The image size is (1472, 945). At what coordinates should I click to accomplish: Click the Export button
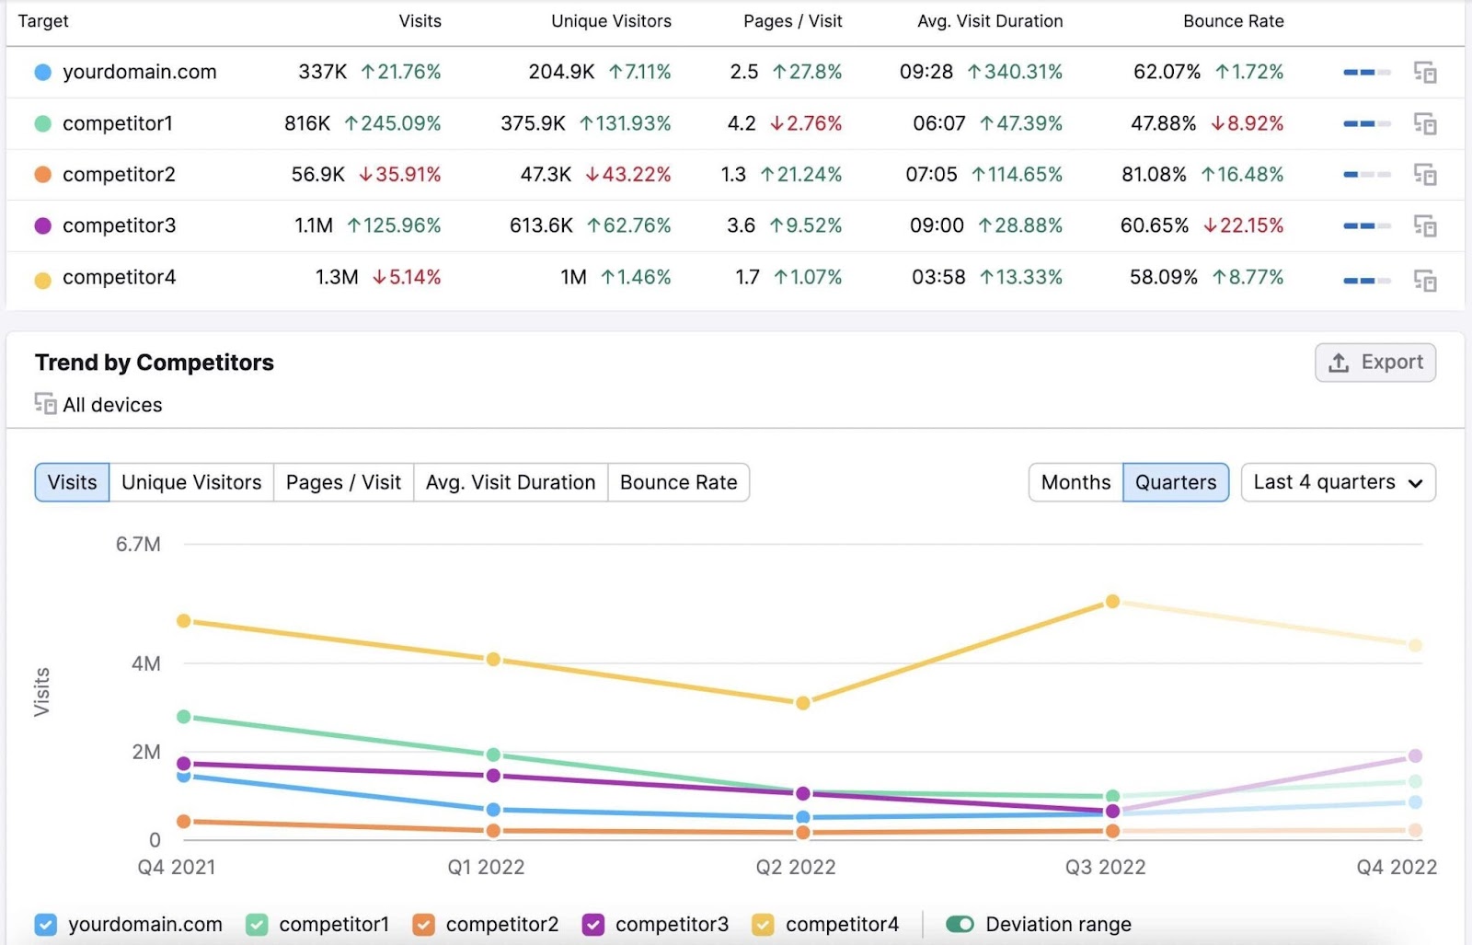point(1374,363)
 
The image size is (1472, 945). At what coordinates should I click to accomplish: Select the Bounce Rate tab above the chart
point(678,482)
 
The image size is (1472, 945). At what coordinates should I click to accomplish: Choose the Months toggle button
point(1075,482)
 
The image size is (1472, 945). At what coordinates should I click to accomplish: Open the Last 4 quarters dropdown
point(1337,482)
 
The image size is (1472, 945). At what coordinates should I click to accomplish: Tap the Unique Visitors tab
point(191,482)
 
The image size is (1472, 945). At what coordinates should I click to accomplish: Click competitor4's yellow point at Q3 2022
point(1111,602)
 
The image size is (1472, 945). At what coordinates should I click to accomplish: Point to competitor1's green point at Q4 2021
point(184,716)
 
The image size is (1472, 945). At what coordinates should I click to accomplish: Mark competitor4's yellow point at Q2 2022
point(802,703)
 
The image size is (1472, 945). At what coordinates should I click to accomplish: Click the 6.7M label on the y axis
point(138,545)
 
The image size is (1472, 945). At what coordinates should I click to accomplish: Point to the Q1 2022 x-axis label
point(486,867)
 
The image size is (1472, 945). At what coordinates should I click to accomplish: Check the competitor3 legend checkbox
point(594,924)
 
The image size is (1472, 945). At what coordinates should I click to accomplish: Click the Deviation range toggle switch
point(960,924)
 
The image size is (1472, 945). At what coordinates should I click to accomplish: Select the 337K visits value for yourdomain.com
point(322,72)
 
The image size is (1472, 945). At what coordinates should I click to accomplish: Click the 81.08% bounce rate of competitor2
point(1154,175)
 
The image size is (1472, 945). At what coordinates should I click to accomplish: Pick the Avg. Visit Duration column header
point(990,21)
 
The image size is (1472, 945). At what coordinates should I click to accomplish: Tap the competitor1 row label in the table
point(117,123)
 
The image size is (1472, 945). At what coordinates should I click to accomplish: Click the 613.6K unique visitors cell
point(541,225)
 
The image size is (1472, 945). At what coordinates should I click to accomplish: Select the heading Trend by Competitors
point(155,363)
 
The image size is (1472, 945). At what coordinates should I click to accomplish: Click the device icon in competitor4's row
point(1424,281)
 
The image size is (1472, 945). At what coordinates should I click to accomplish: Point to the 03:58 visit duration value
point(938,277)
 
